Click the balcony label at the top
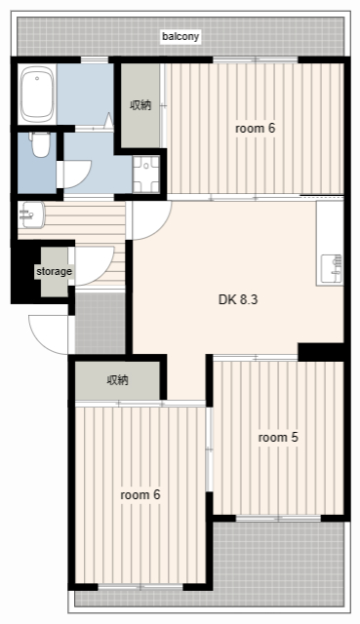point(180,37)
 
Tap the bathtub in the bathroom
point(37,95)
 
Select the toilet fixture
point(39,145)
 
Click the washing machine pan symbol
point(146,175)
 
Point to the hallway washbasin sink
point(31,214)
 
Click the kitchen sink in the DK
point(331,269)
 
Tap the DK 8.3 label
point(238,299)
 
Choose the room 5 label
point(278,438)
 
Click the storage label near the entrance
point(55,271)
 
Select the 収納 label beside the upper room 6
point(140,105)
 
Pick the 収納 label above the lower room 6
point(117,380)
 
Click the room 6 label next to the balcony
point(255,129)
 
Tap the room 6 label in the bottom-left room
point(140,494)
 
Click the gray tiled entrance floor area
point(100,323)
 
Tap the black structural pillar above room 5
point(321,352)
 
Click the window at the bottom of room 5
point(278,518)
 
